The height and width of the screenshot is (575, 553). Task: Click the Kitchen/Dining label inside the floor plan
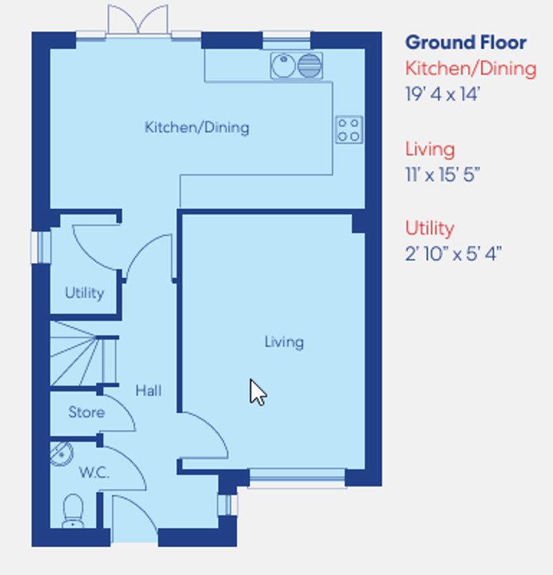[196, 127]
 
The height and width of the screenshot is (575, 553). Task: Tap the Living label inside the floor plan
[284, 342]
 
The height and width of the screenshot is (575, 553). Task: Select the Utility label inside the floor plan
[84, 293]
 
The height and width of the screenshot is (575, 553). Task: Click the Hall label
[148, 391]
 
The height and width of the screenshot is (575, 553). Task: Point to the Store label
[86, 412]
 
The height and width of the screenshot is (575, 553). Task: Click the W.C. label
[94, 473]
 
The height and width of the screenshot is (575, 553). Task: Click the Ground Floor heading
[465, 42]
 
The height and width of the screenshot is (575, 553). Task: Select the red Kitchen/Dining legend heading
[470, 69]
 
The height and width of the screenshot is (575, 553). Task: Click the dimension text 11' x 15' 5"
[442, 174]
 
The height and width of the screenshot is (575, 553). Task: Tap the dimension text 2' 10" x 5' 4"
[453, 253]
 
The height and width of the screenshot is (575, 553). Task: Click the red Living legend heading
[429, 149]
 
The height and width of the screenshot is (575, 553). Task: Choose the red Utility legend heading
[429, 228]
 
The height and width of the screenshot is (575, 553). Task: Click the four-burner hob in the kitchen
[349, 129]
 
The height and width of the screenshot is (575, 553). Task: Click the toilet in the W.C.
[73, 511]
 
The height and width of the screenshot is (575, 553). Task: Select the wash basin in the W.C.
[62, 453]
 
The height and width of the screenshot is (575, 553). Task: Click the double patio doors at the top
[138, 19]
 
